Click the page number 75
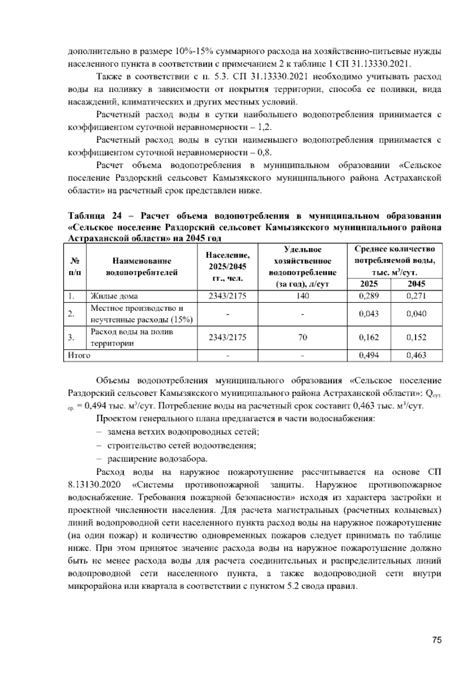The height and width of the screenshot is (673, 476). click(437, 640)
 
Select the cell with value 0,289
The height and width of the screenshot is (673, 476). click(369, 296)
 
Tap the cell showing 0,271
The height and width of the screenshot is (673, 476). click(416, 296)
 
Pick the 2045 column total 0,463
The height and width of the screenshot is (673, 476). click(416, 356)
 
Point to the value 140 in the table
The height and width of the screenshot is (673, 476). click(302, 296)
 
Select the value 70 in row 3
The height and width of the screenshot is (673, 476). click(302, 338)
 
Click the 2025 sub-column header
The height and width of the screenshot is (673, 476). click(369, 284)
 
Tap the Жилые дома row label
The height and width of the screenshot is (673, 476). click(114, 296)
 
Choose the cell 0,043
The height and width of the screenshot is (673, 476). click(369, 314)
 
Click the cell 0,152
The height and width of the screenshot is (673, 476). click(416, 338)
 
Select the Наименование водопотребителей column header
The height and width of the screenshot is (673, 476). click(142, 267)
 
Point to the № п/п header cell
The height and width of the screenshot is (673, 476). click(75, 267)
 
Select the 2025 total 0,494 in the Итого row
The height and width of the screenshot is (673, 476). click(369, 356)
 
